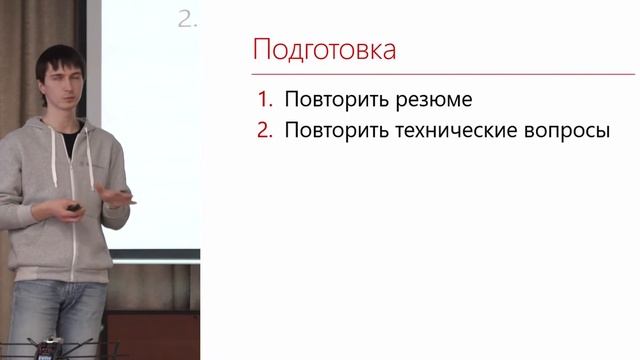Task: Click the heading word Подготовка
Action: click(323, 49)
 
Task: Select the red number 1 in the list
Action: click(264, 100)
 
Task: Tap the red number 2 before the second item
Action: click(265, 131)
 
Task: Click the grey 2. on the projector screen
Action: click(188, 18)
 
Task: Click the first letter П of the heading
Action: click(259, 49)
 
